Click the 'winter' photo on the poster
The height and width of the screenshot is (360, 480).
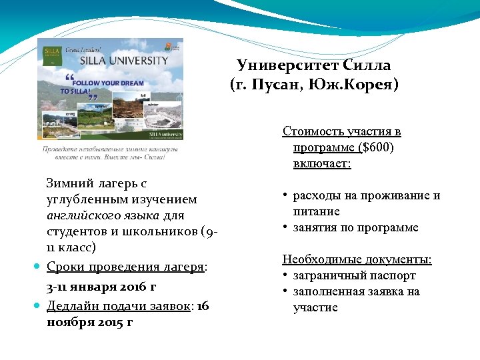[x=155, y=111]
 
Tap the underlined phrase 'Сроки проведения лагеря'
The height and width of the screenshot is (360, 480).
[x=125, y=267]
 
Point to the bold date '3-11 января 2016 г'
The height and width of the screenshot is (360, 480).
[x=101, y=287]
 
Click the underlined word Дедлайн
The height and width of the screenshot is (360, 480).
[x=73, y=305]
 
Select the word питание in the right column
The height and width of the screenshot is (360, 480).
[x=316, y=211]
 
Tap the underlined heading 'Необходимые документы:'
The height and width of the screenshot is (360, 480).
[x=357, y=259]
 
